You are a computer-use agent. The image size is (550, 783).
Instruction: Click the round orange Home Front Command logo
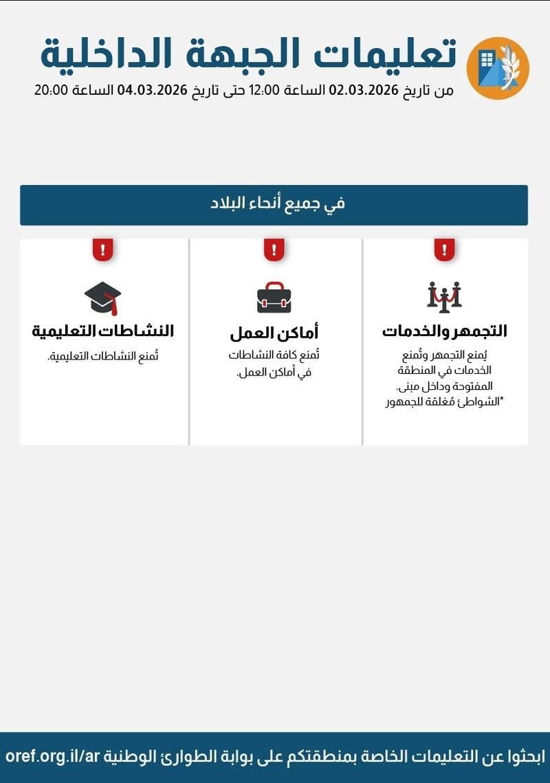click(497, 68)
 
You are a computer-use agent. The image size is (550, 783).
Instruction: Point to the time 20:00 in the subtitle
click(50, 90)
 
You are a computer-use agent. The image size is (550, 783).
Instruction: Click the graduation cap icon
click(102, 298)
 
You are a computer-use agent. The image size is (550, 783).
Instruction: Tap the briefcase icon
click(274, 298)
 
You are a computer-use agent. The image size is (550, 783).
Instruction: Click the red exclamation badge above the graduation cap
click(102, 250)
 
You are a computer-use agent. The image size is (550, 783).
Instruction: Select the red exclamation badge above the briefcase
click(274, 250)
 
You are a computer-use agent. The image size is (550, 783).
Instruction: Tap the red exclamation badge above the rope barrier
click(444, 250)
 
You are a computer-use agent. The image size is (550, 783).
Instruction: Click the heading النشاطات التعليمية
click(102, 331)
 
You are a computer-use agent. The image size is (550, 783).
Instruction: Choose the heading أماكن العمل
click(274, 334)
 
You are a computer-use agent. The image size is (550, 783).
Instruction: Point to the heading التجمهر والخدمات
click(444, 331)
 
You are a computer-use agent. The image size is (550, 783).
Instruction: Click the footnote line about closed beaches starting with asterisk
click(444, 402)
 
